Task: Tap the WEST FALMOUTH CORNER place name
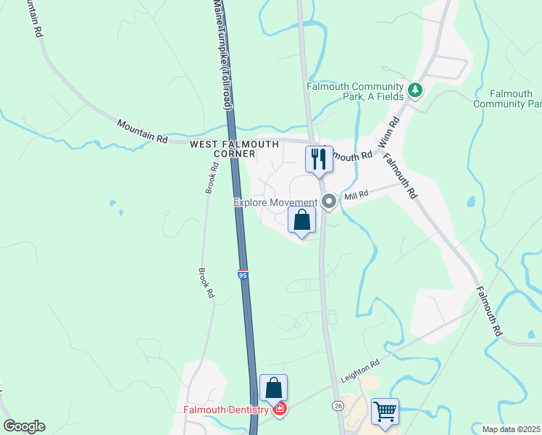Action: [223, 149]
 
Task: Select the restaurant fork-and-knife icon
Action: [319, 158]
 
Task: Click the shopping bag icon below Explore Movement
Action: [302, 220]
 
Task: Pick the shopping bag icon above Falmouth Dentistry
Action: [274, 389]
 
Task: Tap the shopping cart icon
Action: [385, 412]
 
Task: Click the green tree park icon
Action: [415, 91]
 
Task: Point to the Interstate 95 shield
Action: [242, 275]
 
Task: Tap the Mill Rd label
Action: [357, 195]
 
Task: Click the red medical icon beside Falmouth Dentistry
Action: [280, 410]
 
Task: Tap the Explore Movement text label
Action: [275, 202]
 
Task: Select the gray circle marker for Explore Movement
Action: [330, 202]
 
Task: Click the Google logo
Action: [24, 426]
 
